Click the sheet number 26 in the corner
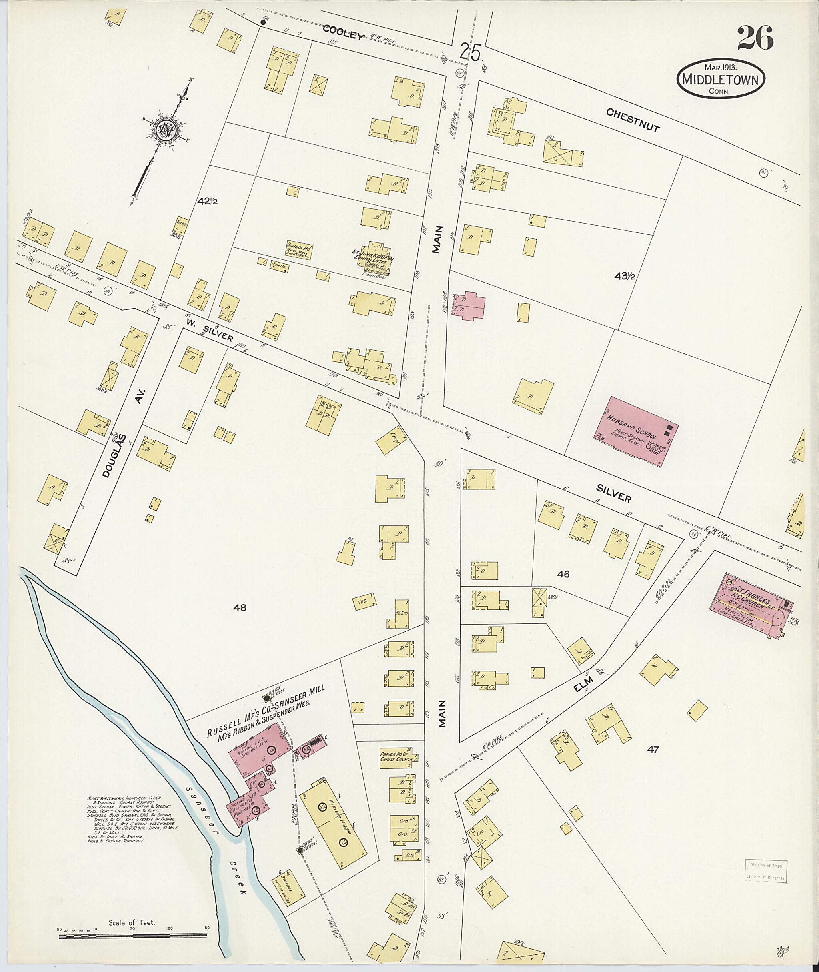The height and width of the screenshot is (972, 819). click(755, 38)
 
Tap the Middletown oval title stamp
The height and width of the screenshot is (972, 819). click(721, 80)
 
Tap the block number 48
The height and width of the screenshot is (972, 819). click(240, 607)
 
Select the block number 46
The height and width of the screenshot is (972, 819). click(563, 574)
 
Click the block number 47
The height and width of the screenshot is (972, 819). click(653, 749)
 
